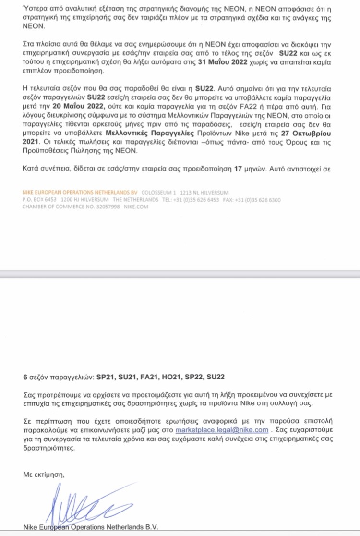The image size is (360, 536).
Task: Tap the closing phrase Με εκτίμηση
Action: click(43, 474)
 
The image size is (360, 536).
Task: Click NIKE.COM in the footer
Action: click(136, 207)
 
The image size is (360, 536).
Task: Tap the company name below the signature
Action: click(90, 527)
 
